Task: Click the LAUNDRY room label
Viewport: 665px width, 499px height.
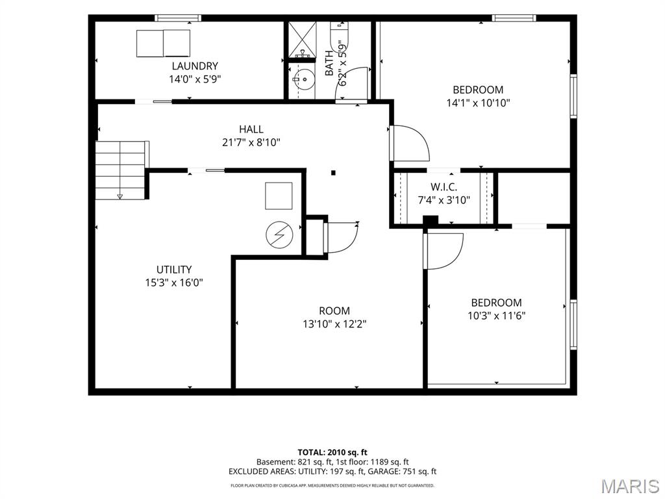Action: pos(195,66)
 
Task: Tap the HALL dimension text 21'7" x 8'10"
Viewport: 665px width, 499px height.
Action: pos(251,142)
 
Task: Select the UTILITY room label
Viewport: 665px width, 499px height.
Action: pos(174,270)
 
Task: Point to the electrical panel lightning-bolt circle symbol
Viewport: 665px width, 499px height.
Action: pos(279,235)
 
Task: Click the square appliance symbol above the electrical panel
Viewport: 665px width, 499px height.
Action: pos(279,196)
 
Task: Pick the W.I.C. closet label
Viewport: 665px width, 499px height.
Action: pos(444,187)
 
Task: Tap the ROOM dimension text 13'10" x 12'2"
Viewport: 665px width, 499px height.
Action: pos(334,324)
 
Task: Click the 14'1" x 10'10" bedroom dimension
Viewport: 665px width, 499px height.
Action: pos(478,103)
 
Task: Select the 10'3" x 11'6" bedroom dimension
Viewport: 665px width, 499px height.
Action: pos(497,316)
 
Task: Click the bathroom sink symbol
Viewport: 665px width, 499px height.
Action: pos(304,79)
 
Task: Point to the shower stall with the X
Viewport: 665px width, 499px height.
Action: pos(303,40)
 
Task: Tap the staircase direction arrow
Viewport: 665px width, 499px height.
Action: pos(119,196)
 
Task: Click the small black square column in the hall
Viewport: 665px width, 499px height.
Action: pos(333,173)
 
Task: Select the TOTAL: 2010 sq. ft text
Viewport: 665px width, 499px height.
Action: pos(332,452)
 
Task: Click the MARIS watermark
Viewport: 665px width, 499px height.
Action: pos(630,486)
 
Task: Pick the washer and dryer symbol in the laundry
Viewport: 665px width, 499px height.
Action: pos(163,44)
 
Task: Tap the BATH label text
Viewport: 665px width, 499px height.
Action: pos(329,63)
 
